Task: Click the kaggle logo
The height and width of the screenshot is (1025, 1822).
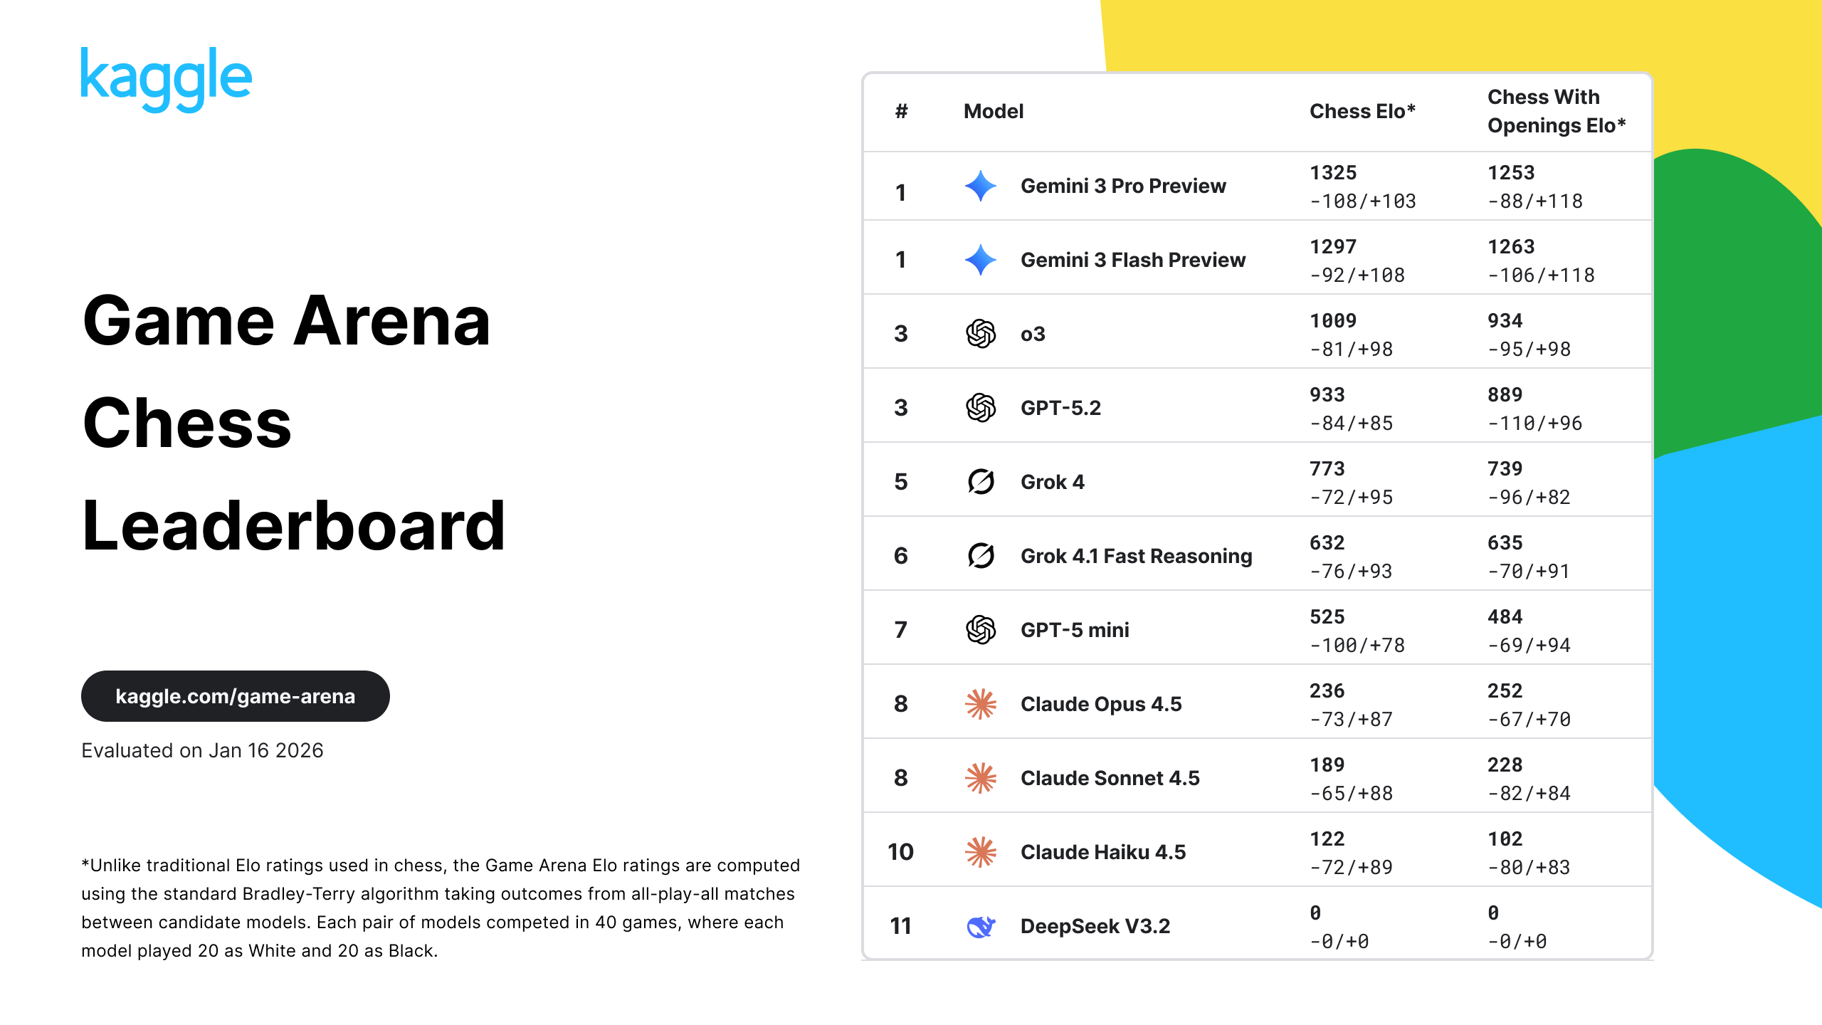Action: (x=167, y=79)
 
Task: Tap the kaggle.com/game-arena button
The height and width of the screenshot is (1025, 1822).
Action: (x=236, y=696)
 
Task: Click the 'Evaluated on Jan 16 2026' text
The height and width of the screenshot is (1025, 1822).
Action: (x=202, y=750)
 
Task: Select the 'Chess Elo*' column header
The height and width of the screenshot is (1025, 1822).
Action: (x=1362, y=111)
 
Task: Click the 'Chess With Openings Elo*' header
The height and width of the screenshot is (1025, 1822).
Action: (x=1557, y=111)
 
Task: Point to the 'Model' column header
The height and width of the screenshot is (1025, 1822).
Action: (x=994, y=111)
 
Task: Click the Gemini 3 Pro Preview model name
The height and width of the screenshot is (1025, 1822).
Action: (x=1123, y=186)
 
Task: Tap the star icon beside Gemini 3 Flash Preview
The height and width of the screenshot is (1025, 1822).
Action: (x=981, y=260)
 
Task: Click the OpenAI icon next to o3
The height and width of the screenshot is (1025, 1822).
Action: (x=981, y=334)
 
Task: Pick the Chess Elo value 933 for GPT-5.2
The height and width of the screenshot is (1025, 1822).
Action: (x=1327, y=395)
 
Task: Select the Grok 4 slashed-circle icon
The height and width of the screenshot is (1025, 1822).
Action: (x=981, y=482)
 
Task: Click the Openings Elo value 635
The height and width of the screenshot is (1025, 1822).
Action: (x=1505, y=543)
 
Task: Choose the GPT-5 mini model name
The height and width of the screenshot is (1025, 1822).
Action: (x=1075, y=630)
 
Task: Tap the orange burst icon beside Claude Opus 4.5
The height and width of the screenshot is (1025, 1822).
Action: (x=981, y=704)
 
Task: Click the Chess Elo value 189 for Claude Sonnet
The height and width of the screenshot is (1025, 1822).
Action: (x=1327, y=765)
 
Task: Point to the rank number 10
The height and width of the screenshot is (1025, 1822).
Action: (x=900, y=852)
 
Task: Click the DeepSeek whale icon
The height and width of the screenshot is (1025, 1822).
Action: (x=981, y=926)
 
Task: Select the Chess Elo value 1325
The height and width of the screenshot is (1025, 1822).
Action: (x=1333, y=173)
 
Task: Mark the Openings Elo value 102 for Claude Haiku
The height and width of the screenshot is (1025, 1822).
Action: (x=1505, y=839)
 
